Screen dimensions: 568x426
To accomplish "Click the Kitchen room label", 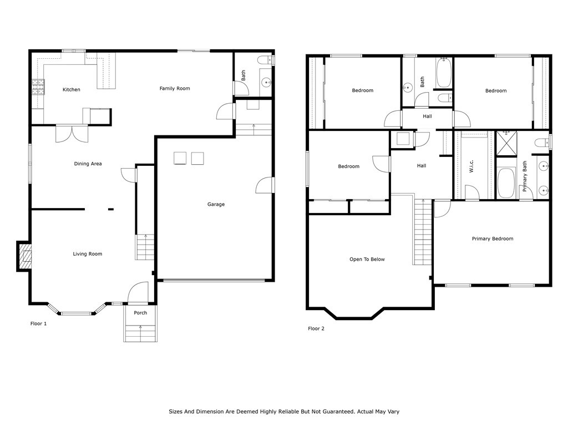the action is pyautogui.click(x=72, y=89).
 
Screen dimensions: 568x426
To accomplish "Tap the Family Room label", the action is pyautogui.click(x=175, y=88).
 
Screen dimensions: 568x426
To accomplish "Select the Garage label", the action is pyautogui.click(x=216, y=204).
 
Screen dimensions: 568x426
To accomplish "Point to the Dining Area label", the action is pyautogui.click(x=88, y=164).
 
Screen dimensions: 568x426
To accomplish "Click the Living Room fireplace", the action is pyautogui.click(x=24, y=256).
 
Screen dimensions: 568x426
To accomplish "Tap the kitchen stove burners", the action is pyautogui.click(x=38, y=87).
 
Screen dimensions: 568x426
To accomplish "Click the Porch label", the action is pyautogui.click(x=140, y=313).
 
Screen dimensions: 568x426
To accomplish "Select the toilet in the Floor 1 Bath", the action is pyautogui.click(x=266, y=60).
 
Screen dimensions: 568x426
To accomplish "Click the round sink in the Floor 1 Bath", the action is pyautogui.click(x=267, y=83).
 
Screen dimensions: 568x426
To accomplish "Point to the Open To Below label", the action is pyautogui.click(x=367, y=260).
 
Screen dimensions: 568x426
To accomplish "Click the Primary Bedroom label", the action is pyautogui.click(x=493, y=239).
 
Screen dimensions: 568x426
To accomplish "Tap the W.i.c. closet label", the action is pyautogui.click(x=471, y=166).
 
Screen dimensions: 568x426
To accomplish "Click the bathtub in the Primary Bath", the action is pyautogui.click(x=506, y=182).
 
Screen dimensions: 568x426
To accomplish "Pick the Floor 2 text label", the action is pyautogui.click(x=316, y=328).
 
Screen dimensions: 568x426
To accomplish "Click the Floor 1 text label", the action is pyautogui.click(x=38, y=323).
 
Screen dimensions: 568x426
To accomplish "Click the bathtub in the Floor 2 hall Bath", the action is pyautogui.click(x=443, y=73).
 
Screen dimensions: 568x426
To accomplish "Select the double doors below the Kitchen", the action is pyautogui.click(x=72, y=134).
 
